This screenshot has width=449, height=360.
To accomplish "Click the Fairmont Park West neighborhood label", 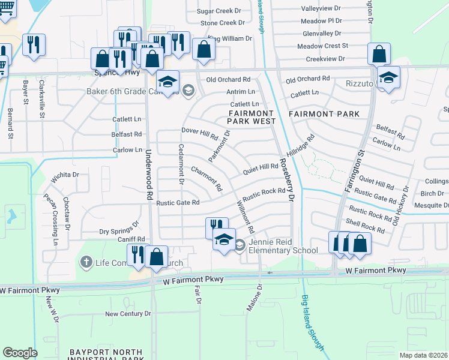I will click(x=252, y=117).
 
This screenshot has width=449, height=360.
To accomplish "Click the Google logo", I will click(x=20, y=353).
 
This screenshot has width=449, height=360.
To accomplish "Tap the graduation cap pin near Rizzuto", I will click(x=389, y=77).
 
